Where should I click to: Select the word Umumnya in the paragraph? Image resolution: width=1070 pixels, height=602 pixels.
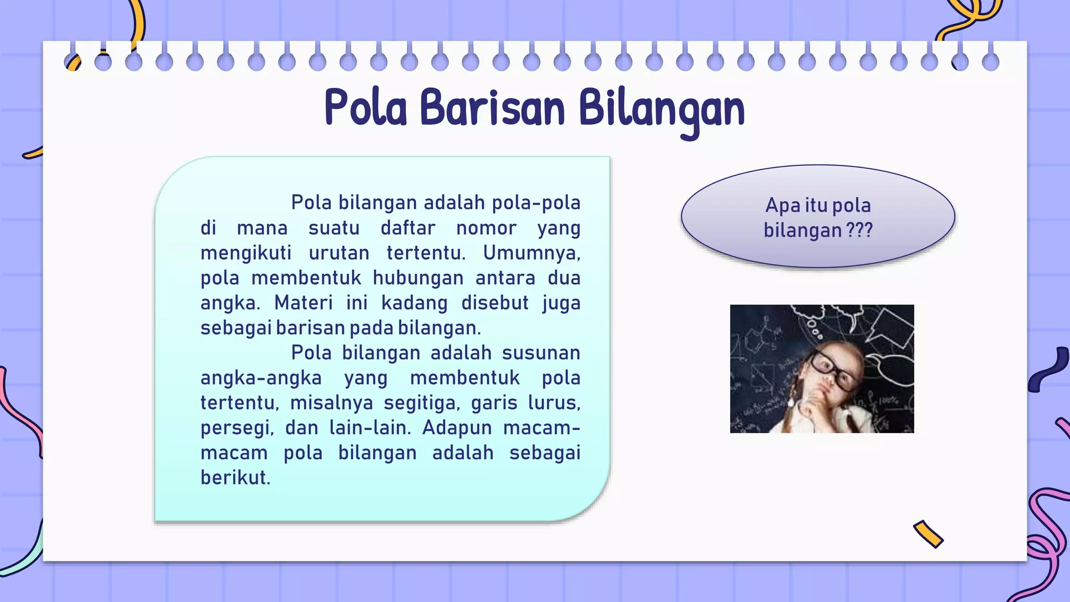531,253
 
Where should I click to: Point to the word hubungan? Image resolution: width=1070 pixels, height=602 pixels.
418,278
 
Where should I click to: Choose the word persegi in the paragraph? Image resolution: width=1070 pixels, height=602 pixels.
237,429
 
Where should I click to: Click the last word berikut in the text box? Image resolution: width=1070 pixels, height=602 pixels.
235,478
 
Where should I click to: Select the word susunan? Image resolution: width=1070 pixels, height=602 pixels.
541,353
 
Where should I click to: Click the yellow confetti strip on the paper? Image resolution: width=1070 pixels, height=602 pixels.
928,534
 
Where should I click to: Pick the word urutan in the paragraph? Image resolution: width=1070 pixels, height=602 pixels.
339,253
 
